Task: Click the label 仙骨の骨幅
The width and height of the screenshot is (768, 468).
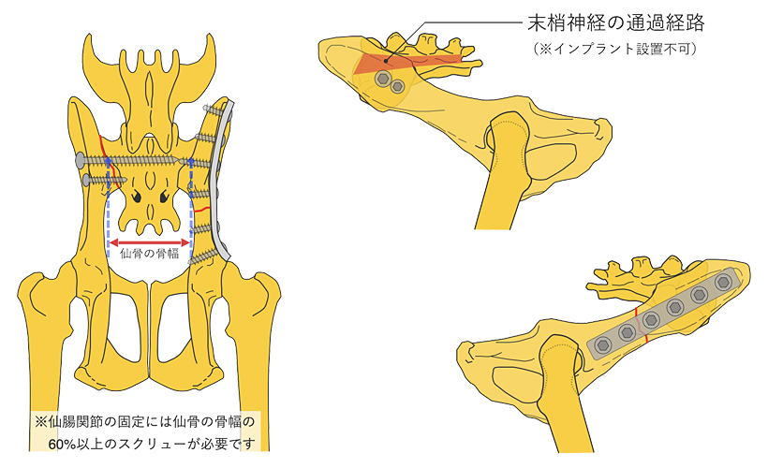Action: coord(151,256)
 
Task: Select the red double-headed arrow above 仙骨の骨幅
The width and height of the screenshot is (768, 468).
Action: coord(151,241)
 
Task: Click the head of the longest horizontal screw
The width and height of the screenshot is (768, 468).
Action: coord(79,160)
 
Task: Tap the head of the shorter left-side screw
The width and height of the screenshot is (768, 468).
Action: coord(87,179)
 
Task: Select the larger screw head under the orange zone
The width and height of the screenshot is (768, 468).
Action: coord(382,80)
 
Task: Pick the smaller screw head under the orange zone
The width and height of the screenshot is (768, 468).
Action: coord(398,87)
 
